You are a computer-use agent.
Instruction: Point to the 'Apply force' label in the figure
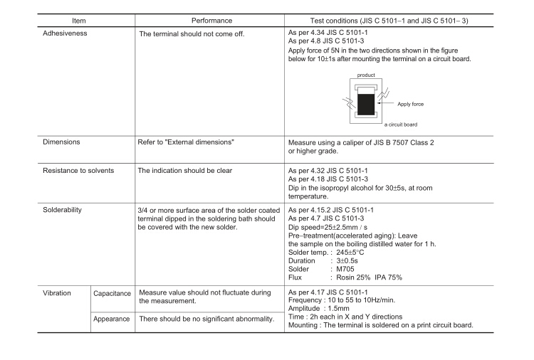pos(410,104)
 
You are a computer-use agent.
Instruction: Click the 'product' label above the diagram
pos(366,74)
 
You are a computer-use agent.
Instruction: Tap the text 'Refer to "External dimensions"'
pos(185,142)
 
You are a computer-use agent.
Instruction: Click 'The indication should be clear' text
pos(185,171)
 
